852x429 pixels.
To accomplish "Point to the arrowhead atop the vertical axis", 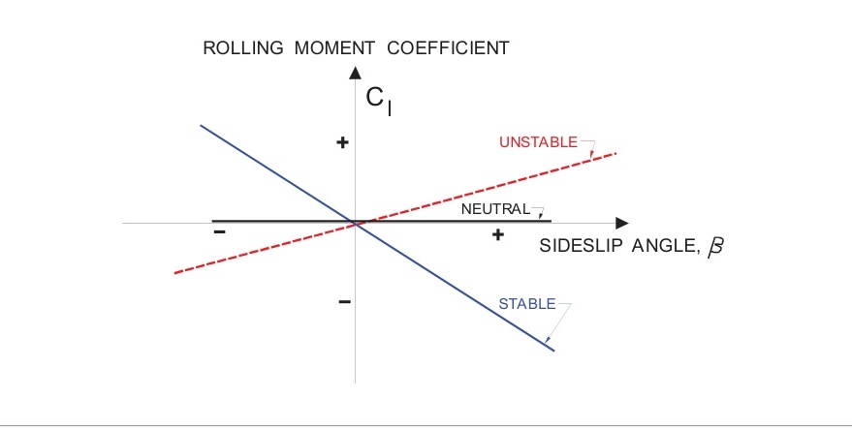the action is coord(356,72).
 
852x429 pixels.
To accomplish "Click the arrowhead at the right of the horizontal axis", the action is coord(621,223).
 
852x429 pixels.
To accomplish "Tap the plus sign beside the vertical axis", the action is coord(341,143).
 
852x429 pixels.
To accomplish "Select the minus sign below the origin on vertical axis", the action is coord(343,301).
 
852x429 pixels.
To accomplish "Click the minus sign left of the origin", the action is coord(219,232).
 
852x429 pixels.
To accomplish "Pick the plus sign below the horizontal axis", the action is coord(497,234).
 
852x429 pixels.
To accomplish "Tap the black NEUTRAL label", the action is coord(495,208).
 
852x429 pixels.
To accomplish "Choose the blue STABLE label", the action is coord(526,304).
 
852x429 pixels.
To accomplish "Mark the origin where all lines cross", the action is coord(357,224).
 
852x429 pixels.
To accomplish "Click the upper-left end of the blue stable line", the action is coord(201,126).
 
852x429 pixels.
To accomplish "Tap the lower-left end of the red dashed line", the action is coord(175,273).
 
